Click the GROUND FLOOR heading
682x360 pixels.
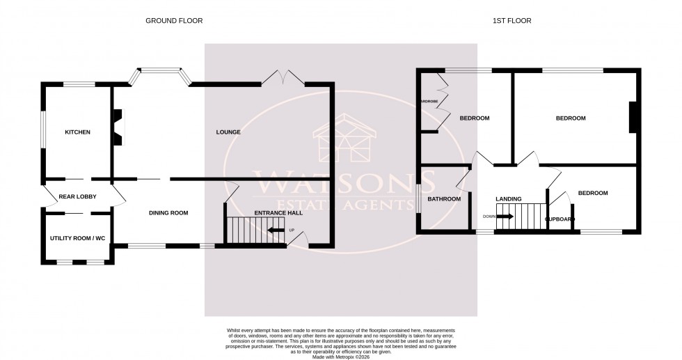tap(174, 21)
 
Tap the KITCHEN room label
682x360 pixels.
tap(78, 132)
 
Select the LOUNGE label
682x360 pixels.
tap(228, 132)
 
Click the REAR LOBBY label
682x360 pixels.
tap(77, 197)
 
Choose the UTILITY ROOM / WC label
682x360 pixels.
tap(77, 239)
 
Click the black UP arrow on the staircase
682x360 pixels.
tap(276, 230)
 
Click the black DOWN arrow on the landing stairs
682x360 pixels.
tap(505, 217)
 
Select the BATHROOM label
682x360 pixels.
tap(444, 199)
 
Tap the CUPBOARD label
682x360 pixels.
tap(560, 219)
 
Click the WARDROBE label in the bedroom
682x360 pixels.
tap(428, 102)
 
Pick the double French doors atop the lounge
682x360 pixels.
tap(283, 78)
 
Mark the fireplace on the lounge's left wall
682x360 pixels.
tap(117, 127)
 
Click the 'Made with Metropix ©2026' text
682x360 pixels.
tap(341, 357)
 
